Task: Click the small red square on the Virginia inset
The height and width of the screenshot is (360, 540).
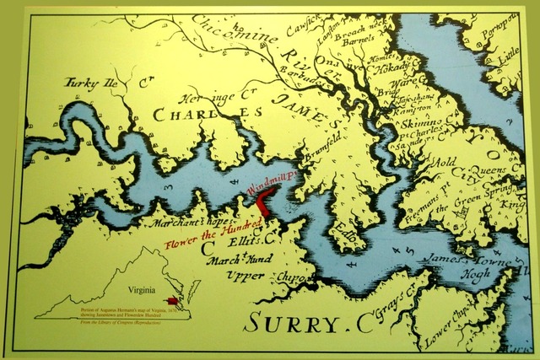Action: [x=174, y=300]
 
